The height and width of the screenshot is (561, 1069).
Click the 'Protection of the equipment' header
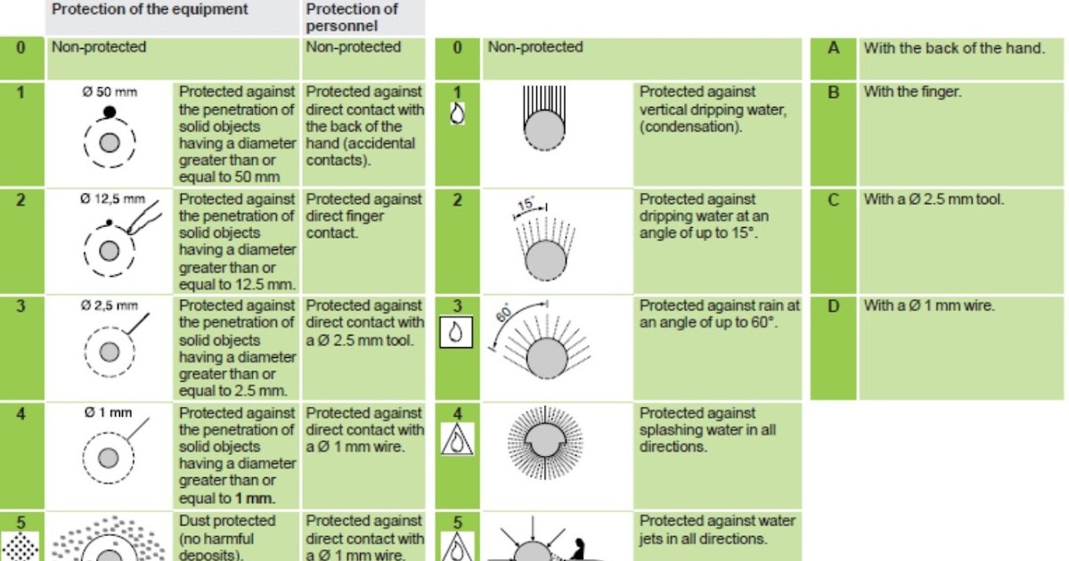coord(150,9)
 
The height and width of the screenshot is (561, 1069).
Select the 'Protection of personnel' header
coord(352,17)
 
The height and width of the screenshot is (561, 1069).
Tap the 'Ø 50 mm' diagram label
coord(110,92)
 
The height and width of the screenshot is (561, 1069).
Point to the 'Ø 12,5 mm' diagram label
coord(112,199)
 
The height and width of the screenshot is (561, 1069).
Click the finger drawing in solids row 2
coord(144,217)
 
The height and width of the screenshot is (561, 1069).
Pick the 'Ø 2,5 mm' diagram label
coord(110,305)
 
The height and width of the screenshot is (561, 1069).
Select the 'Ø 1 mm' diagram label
coord(109,412)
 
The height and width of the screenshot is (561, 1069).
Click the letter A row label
coord(833,48)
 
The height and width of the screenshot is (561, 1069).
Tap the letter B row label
coord(833,92)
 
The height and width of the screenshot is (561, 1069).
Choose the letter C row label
coord(833,199)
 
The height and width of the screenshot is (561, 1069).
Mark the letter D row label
coord(833,305)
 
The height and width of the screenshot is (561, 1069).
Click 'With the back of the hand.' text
coord(954,48)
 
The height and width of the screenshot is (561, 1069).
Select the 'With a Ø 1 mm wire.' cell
coord(928,305)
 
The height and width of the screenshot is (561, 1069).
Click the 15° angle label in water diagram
coord(526,204)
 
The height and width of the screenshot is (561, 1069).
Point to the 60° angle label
coord(504,313)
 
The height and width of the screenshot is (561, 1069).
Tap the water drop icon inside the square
coord(456,332)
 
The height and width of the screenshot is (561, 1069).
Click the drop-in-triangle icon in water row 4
coord(457,439)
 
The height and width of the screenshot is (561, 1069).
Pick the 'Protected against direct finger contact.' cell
coord(363,215)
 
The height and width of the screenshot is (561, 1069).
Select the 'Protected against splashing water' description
coord(707,429)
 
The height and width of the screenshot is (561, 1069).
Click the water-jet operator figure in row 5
coord(577,549)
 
